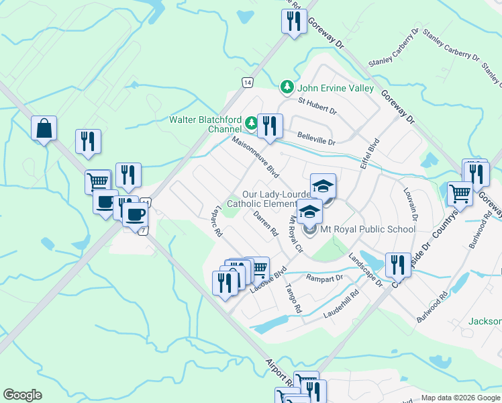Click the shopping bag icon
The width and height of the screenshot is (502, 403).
point(44,128)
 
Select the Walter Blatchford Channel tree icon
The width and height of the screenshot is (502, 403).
point(250,123)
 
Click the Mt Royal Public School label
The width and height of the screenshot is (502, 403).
point(368,229)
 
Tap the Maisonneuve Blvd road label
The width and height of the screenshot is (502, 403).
point(255,158)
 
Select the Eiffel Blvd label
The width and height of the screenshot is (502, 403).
point(370,154)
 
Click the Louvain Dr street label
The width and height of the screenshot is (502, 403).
point(411,204)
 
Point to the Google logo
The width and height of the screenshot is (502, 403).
point(23,395)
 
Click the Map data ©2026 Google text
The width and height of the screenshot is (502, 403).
point(460,398)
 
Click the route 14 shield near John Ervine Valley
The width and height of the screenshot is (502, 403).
point(248,82)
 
